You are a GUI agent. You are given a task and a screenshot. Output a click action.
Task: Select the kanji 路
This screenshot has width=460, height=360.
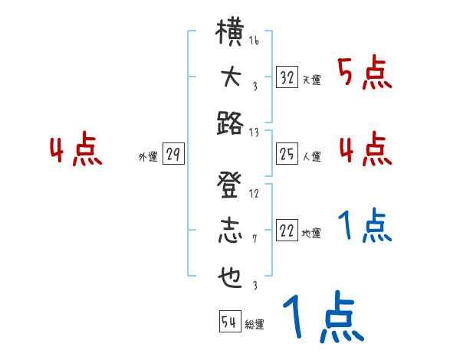tap(230, 123)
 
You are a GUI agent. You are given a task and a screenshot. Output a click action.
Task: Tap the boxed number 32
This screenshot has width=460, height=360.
tap(287, 77)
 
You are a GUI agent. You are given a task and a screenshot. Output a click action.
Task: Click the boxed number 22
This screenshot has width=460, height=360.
tap(287, 231)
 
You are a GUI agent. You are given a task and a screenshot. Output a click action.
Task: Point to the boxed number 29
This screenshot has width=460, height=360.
tap(172, 155)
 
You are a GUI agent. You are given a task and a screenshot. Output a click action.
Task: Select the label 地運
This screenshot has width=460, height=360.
tap(311, 234)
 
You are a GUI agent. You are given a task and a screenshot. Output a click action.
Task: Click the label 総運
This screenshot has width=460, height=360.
tap(254, 325)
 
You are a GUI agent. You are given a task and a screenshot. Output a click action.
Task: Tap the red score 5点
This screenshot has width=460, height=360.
tap(365, 73)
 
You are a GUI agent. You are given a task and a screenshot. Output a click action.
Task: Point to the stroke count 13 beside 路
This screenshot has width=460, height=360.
tap(254, 132)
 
